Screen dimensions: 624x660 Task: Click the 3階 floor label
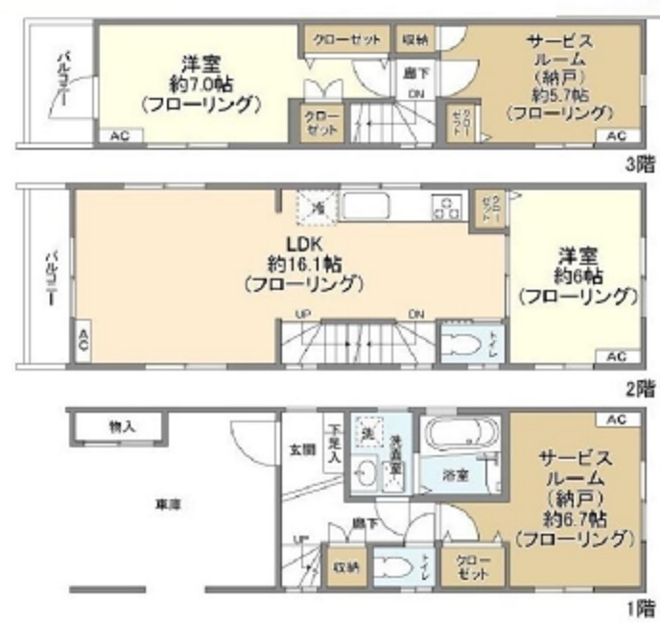(639, 163)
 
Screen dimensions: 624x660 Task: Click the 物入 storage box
(121, 426)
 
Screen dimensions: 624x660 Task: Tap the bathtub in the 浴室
(457, 443)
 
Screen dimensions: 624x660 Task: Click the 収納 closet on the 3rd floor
(414, 39)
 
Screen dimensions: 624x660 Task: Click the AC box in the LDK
(83, 338)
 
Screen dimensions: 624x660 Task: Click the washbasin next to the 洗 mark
(365, 471)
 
